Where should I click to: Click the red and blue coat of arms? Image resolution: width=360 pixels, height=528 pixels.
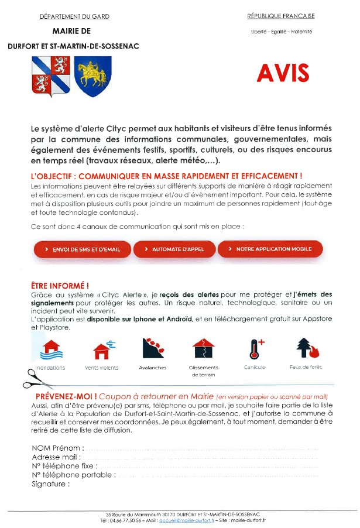51,76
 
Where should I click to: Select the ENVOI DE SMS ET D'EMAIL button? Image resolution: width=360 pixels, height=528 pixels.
82,249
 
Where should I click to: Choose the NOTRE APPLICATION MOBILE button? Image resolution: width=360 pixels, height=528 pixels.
270,249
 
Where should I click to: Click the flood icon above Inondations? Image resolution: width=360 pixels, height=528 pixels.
50,349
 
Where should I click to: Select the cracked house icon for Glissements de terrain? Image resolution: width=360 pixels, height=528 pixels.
204,349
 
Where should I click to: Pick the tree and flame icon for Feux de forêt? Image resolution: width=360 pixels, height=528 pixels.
306,349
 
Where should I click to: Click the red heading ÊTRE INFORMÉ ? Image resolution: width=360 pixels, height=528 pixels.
60,286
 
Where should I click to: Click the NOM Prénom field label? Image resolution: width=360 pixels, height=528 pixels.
56,448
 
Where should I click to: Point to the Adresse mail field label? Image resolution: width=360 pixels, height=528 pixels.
56,457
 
